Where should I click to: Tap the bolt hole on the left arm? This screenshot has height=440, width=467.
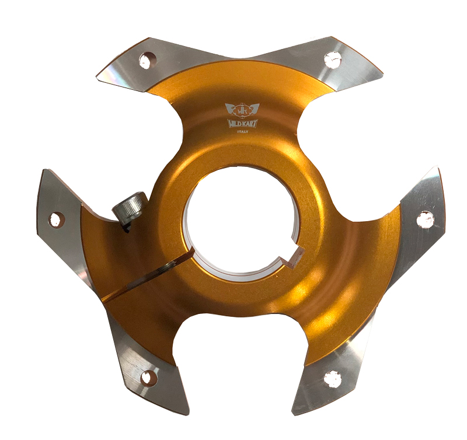coord(56,220)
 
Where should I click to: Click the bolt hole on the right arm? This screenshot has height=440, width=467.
coord(425,219)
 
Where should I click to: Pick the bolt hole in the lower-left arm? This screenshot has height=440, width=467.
coord(148,378)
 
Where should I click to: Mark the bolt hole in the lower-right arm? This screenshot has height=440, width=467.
coord(332,379)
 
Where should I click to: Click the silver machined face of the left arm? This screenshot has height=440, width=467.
coord(64,233)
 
